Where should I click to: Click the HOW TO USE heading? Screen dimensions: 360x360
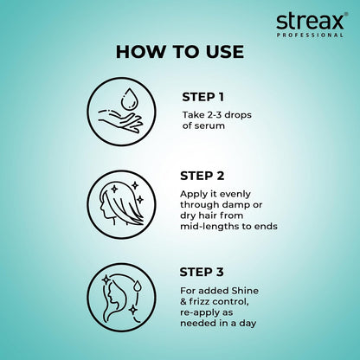[x=179, y=52]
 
